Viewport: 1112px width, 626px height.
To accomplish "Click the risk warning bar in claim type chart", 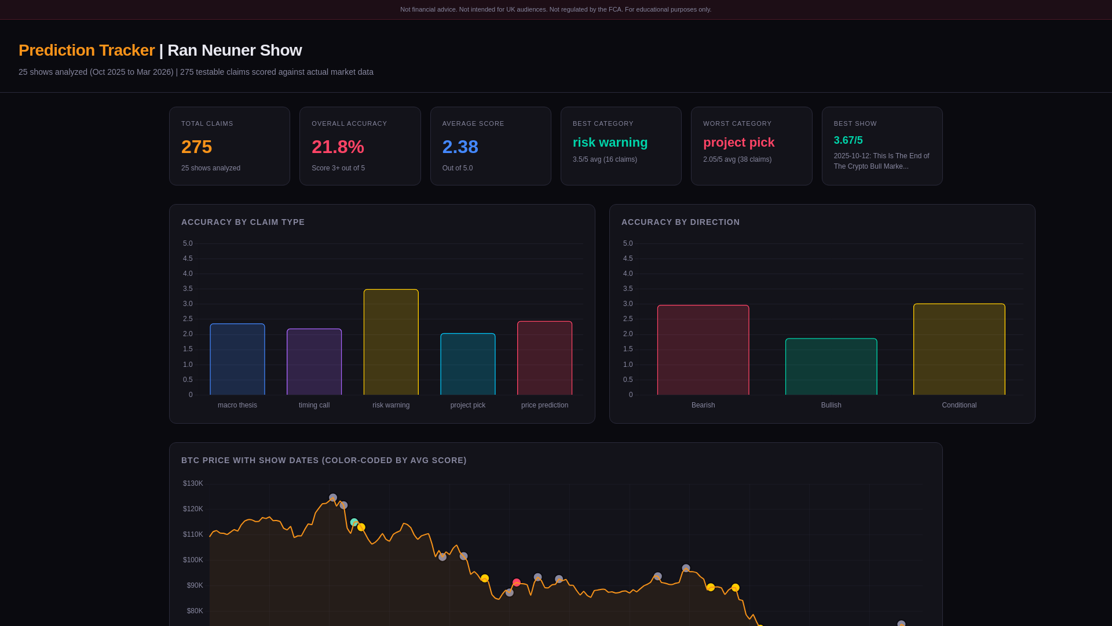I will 391,342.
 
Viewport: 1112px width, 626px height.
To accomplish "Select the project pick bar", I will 468,364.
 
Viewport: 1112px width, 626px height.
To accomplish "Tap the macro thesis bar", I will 237,359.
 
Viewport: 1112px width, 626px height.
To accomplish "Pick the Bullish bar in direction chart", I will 831,367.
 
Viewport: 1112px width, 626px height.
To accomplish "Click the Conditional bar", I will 959,350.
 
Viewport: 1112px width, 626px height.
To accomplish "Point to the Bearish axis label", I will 703,405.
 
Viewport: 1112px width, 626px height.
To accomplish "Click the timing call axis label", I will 314,405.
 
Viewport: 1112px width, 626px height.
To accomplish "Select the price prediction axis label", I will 544,405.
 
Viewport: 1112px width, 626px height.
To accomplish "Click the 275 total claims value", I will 196,147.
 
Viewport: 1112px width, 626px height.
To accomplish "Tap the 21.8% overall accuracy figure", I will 338,147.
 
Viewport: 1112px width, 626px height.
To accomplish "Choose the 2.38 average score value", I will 460,147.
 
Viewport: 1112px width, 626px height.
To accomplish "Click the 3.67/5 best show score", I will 848,140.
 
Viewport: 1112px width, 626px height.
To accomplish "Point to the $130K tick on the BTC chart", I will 193,483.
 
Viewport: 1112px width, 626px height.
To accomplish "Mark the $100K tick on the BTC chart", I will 193,560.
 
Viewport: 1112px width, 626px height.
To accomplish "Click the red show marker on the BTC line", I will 517,583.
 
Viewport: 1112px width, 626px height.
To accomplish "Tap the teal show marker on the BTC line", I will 354,522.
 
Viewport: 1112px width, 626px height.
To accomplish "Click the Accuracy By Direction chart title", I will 681,222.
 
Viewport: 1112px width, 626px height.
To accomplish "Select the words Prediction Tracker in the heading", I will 87,50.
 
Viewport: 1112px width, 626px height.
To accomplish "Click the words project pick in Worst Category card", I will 738,143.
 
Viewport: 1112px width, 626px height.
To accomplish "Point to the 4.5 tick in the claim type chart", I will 188,259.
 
